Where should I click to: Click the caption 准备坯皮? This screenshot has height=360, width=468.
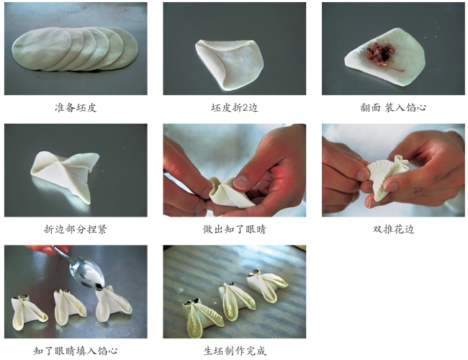76,107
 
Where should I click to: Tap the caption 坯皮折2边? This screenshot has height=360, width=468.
234,107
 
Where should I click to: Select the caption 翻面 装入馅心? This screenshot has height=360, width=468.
393,107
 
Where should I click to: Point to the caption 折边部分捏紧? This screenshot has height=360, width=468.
76,229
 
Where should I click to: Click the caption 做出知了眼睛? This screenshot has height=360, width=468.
234,229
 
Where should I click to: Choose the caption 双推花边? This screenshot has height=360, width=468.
393,229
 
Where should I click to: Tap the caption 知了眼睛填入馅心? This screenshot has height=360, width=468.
76,351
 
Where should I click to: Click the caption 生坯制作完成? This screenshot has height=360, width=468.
234,351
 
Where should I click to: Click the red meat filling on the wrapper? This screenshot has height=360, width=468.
380,54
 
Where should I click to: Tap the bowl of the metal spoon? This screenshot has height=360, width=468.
86,271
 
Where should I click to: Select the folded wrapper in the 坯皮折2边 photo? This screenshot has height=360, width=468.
229,63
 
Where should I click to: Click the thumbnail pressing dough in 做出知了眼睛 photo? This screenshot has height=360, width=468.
241,181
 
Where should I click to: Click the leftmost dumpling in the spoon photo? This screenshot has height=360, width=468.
28,311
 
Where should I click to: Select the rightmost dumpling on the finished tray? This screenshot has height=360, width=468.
266,284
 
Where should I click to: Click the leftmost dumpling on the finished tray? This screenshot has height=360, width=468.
203,316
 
